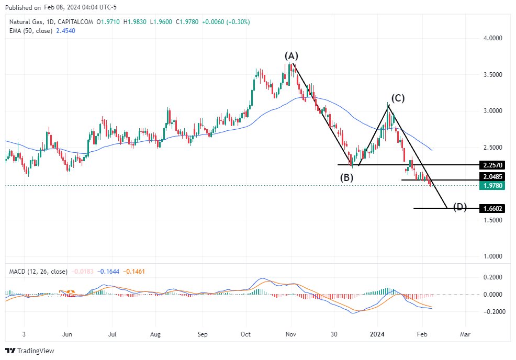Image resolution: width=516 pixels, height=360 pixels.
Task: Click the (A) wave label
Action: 291,55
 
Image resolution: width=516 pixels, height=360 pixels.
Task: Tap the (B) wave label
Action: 346,177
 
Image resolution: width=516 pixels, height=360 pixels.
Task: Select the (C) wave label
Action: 398,98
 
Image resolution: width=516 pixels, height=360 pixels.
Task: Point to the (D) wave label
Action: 459,207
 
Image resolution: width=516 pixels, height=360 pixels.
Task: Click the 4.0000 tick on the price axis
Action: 492,38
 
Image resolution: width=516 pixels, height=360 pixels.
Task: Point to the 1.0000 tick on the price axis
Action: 492,256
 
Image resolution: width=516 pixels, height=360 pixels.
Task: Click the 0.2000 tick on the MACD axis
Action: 492,277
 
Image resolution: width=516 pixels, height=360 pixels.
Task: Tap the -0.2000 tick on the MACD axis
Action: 492,312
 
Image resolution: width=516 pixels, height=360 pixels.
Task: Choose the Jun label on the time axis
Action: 66,333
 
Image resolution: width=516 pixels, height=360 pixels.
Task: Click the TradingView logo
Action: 30,351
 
